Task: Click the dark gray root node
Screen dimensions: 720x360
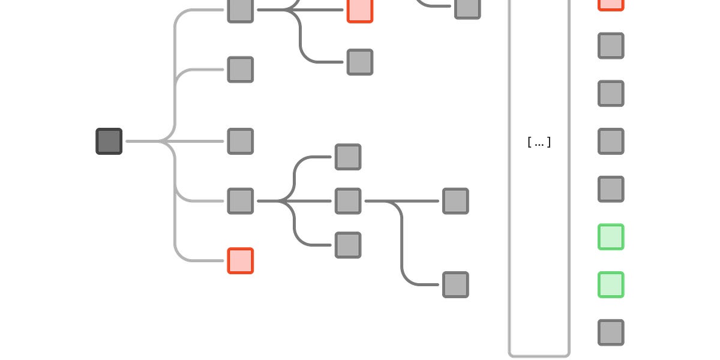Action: [109, 141]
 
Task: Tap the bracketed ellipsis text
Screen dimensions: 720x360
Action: [539, 142]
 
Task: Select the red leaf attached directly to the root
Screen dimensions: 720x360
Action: [241, 260]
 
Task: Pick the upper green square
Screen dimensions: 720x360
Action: [611, 237]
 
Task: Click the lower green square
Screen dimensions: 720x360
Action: [611, 285]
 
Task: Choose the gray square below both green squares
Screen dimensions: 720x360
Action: [611, 332]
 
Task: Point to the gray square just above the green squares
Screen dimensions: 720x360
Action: [611, 189]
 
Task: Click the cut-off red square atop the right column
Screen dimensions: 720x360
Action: [611, 5]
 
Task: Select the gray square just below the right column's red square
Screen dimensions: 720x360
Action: [611, 46]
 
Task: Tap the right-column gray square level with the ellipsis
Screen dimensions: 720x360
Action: [611, 141]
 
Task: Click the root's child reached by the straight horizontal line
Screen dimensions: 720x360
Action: [241, 141]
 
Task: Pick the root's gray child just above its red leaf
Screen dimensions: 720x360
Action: [241, 201]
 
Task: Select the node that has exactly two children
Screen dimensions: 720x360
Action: [348, 201]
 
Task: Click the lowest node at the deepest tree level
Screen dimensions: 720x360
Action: [455, 285]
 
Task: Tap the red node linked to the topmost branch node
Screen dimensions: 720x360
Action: [360, 10]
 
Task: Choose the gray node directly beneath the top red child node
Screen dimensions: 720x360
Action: [360, 62]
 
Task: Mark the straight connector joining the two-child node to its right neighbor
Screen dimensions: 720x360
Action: [402, 201]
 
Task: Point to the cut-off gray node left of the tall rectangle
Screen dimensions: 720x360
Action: [467, 8]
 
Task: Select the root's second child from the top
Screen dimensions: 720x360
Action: [241, 70]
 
